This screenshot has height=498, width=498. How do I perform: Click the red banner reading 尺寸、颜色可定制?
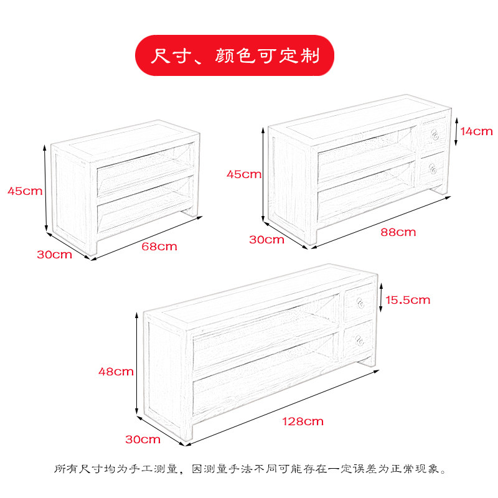pos(235,55)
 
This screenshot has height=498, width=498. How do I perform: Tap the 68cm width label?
pos(159,247)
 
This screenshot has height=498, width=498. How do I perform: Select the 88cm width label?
pos(398,232)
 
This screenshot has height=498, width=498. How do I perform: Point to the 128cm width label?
pos(304,421)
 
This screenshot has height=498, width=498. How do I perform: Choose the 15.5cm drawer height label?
pos(408,300)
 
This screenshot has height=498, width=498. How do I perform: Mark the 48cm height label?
pos(116,372)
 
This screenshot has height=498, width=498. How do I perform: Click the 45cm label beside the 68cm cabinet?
pos(25,191)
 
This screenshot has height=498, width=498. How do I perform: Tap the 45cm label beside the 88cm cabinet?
pos(244,174)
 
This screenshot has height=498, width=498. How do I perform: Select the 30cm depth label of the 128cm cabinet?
pos(143,439)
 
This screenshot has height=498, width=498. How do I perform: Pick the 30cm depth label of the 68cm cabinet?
pos(54,254)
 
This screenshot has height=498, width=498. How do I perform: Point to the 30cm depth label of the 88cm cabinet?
pos(266,240)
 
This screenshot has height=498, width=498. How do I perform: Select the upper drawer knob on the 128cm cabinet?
pos(360,304)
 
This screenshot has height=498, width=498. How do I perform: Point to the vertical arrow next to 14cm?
pos(458,131)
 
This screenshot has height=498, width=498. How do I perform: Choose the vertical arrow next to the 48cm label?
pos(137,364)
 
